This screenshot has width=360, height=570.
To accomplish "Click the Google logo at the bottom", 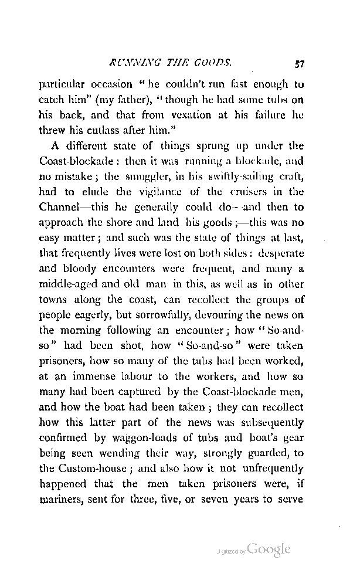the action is point(269,550).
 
